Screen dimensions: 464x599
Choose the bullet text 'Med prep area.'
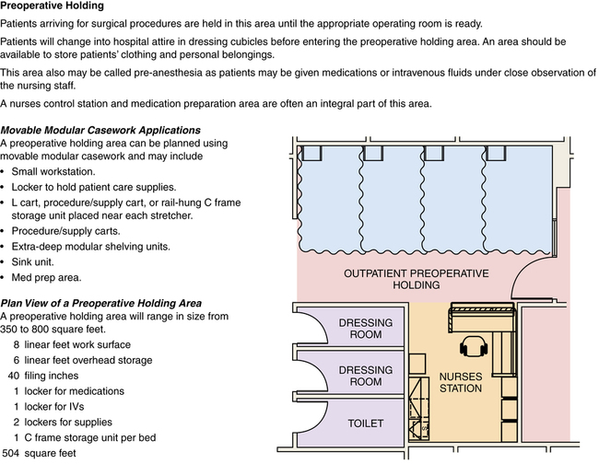(51, 277)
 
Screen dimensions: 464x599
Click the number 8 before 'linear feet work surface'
(17, 344)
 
